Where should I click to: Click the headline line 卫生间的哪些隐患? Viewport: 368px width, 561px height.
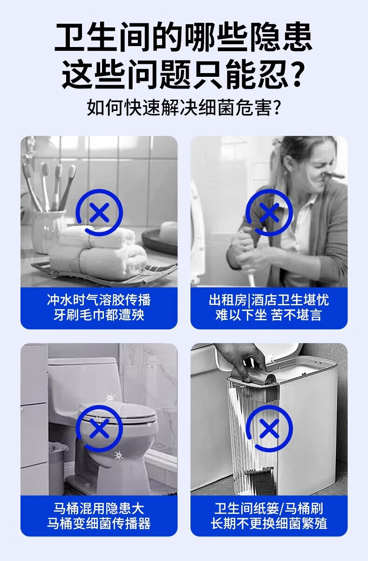pyautogui.click(x=184, y=37)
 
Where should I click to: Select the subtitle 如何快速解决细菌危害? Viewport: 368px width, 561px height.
pyautogui.click(x=184, y=108)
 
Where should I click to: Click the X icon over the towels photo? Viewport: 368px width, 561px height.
pyautogui.click(x=99, y=212)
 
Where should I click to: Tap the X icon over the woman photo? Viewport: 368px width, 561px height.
pyautogui.click(x=269, y=212)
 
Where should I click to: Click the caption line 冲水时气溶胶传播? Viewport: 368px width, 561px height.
pyautogui.click(x=99, y=300)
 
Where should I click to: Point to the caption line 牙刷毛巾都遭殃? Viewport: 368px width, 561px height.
pyautogui.click(x=99, y=315)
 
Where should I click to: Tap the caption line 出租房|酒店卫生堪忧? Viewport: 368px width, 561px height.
pyautogui.click(x=269, y=300)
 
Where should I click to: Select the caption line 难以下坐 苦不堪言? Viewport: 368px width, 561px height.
pyautogui.click(x=269, y=315)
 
